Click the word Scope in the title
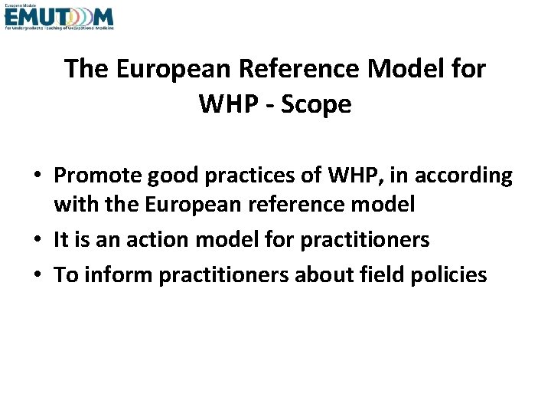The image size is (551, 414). pyautogui.click(x=316, y=104)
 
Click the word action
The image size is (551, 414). pyautogui.click(x=154, y=240)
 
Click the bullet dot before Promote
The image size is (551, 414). pyautogui.click(x=39, y=176)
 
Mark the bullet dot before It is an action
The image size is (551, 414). pyautogui.click(x=39, y=241)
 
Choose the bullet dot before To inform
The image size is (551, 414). pyautogui.click(x=39, y=275)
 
